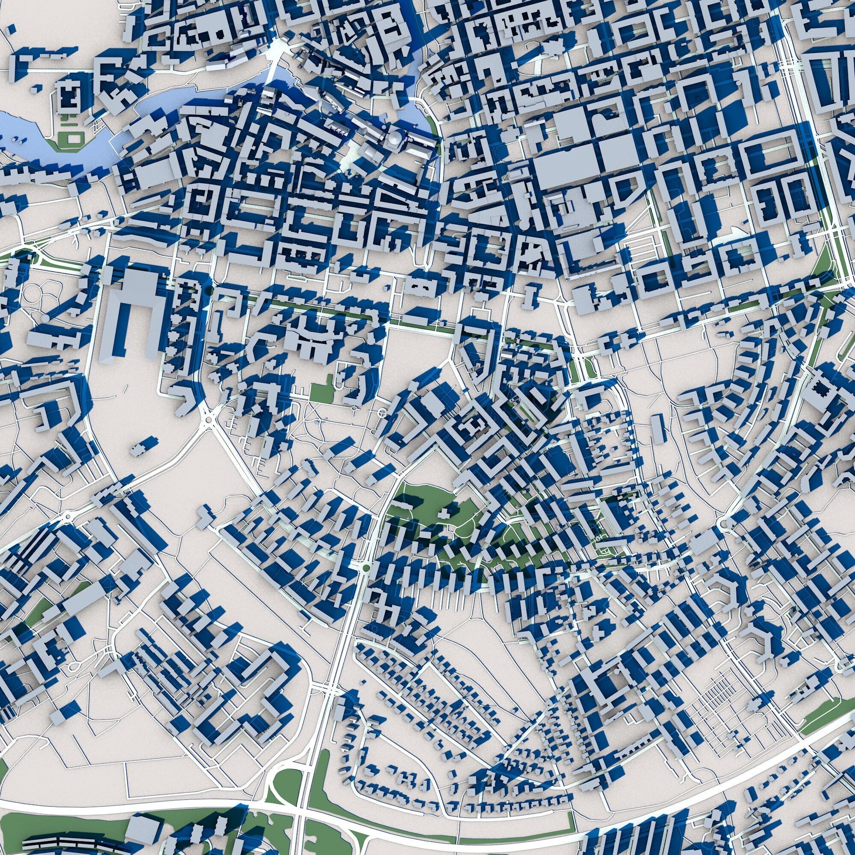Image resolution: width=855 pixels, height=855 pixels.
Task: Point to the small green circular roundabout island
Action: (366, 567)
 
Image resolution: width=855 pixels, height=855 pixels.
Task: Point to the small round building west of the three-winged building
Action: (45, 318)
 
